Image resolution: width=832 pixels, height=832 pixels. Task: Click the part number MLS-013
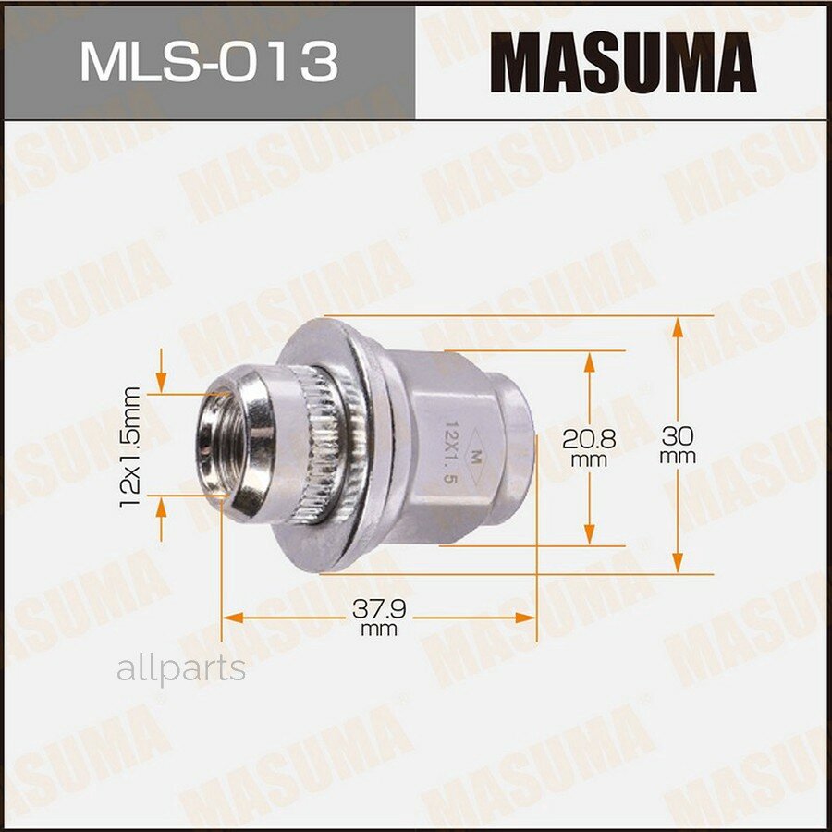pos(208,62)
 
